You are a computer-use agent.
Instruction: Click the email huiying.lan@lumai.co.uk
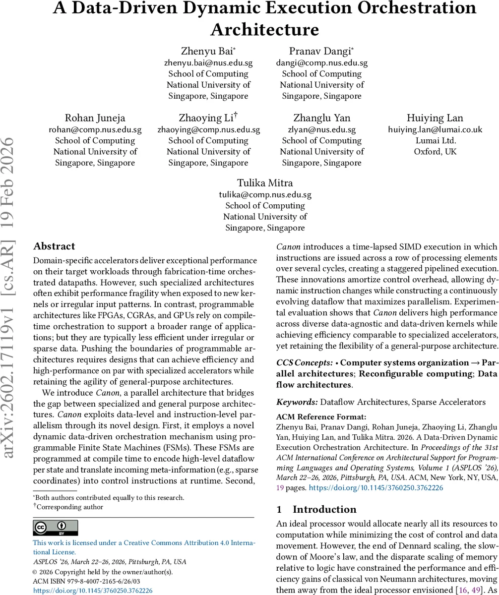435,129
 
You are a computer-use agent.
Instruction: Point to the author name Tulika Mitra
265,182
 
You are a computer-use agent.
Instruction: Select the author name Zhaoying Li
208,118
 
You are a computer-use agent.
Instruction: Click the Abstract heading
54,246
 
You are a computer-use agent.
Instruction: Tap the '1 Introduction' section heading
317,509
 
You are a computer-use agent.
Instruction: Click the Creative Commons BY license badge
55,528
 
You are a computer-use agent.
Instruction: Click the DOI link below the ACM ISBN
93,591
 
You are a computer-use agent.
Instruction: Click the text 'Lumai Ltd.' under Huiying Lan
435,140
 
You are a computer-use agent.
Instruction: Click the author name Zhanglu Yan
321,118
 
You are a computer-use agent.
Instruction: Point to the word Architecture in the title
264,29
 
